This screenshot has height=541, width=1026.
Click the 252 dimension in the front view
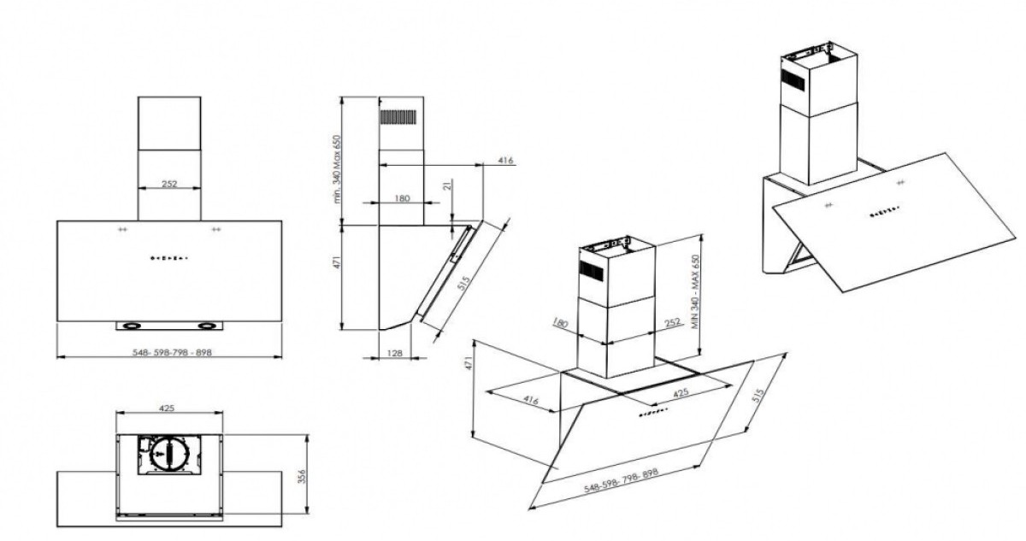169,185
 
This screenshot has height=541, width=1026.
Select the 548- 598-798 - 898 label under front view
169,350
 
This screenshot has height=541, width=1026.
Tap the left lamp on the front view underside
133,325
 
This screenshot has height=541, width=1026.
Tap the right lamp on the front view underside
208,325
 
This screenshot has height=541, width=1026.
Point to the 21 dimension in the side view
449,187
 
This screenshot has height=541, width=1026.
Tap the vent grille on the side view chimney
397,117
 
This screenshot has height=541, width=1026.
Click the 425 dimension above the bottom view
168,409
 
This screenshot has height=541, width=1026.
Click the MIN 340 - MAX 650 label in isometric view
695,292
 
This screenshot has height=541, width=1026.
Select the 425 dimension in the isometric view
681,393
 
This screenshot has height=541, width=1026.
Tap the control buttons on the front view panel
169,256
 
